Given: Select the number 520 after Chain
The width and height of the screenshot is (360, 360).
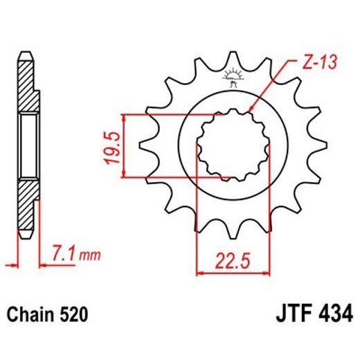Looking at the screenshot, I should [x=73, y=316].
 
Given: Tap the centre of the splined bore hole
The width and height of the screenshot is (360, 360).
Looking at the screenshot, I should [x=233, y=146].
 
